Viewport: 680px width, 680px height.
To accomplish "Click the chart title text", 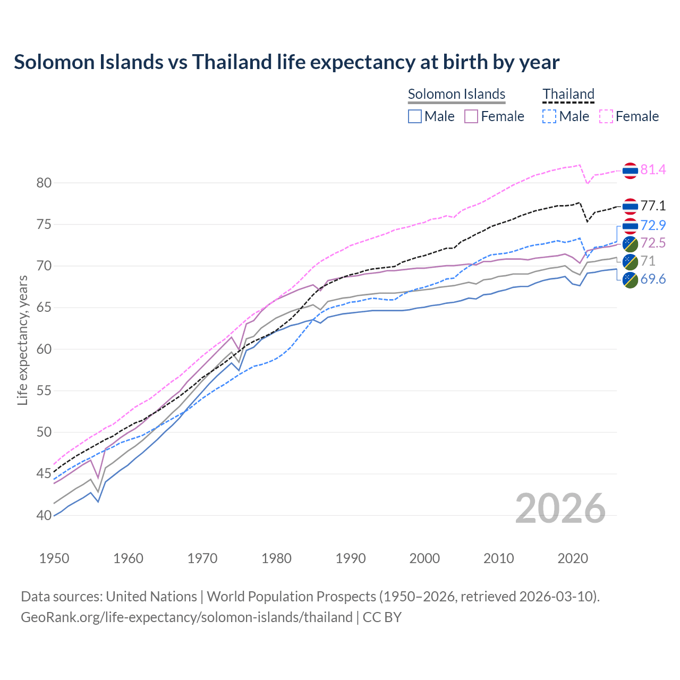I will point(286,62).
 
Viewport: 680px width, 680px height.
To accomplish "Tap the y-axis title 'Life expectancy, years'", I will point(22,340).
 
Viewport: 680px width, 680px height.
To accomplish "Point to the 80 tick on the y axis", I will point(44,183).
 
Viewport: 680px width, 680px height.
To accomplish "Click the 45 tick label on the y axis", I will point(44,474).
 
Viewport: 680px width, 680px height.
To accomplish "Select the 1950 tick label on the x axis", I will point(54,558).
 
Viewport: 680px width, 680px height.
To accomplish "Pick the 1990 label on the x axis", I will point(351,558).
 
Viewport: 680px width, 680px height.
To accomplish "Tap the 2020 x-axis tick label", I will point(573,558).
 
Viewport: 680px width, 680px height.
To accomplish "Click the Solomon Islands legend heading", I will point(456,94).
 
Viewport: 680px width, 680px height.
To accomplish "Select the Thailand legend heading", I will point(568,94).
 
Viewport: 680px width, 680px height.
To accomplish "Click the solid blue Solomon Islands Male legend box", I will point(415,116).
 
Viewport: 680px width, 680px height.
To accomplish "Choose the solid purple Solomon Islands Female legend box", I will point(471,116).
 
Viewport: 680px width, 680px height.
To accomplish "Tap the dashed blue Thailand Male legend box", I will point(549,116).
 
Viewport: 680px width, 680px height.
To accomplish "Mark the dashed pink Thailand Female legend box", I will point(606,116).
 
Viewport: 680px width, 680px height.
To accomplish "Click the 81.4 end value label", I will point(653,170).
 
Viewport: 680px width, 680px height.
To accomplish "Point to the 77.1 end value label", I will point(653,206).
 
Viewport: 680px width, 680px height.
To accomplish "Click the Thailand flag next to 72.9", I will point(630,226).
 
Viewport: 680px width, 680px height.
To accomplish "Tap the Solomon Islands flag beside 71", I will point(630,261).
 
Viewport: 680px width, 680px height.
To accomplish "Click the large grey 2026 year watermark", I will point(560,508).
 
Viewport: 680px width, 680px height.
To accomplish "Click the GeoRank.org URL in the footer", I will point(186,617).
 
